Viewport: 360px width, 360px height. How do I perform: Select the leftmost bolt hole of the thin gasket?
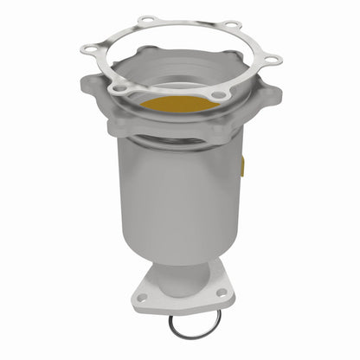(x=87, y=51)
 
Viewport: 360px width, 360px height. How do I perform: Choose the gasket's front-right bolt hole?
(x=218, y=94)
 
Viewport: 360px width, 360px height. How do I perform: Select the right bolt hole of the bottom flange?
(x=222, y=294)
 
